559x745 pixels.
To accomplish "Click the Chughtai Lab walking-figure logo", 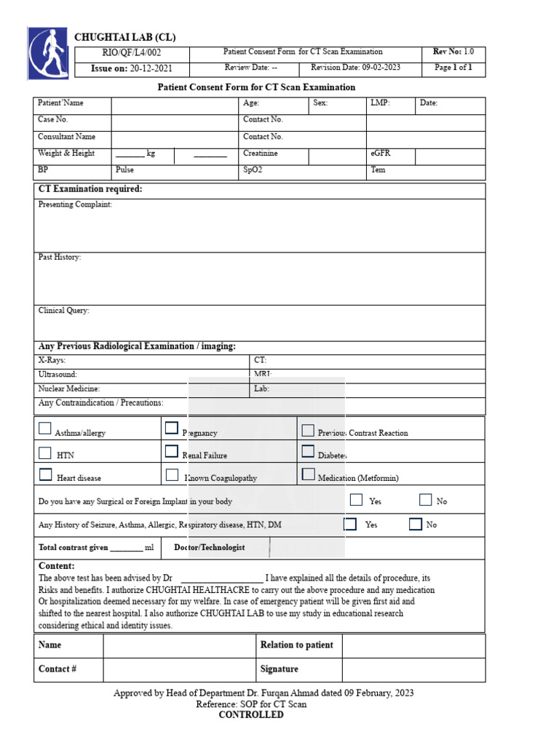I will coord(49,53).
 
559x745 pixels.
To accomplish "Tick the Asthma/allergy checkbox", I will coord(45,429).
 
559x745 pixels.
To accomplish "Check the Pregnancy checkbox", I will coord(172,428).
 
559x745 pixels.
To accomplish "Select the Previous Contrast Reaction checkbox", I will coord(308,430).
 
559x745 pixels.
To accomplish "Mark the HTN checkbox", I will coord(45,452).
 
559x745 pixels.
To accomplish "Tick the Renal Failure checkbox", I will coord(172,451).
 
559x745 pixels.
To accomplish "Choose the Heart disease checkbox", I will coord(45,475).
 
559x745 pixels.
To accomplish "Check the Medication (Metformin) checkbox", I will coord(308,474).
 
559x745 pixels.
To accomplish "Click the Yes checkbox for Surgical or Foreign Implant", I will coord(356,500).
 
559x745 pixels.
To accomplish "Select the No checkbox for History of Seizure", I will coord(416,524).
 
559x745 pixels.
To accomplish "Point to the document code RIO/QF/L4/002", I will coord(132,53).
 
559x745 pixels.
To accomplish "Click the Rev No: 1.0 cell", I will coord(453,52).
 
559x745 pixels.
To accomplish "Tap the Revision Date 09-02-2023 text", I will coord(355,68).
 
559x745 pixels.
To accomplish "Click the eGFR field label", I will coord(381,154).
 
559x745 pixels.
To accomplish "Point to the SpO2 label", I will coord(253,170).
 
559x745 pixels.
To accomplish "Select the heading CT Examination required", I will coord(90,189).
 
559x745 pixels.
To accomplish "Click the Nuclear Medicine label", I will coord(68,389).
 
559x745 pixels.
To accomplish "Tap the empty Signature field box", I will coord(413,669).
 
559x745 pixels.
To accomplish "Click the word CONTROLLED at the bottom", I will coord(251,715).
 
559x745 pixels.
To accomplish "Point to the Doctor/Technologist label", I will coord(210,548).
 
